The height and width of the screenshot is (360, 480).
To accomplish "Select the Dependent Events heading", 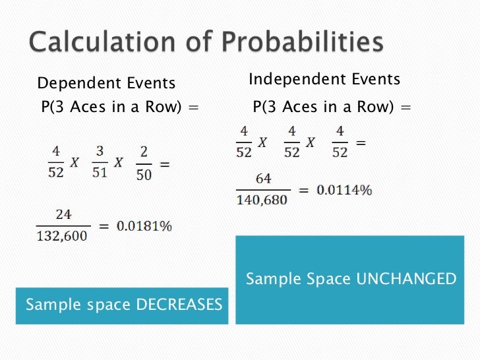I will pos(106,83).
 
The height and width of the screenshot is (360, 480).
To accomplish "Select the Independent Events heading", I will pos(324,80).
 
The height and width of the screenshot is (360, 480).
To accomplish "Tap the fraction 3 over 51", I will pos(99,163).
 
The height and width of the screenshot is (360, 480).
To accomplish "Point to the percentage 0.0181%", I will pos(144,226).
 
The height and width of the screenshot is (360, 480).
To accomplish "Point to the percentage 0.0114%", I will pos(344,191).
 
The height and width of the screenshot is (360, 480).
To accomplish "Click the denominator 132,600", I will pos(62,235).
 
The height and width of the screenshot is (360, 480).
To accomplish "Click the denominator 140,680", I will pos(262,200).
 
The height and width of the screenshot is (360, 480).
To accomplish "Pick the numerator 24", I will pos(63,215).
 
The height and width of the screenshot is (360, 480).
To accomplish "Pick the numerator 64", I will pos(263,179).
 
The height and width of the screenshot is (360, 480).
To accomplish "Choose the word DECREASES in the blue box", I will pos(179,305).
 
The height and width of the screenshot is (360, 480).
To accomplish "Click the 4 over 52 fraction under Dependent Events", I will pos(55,163).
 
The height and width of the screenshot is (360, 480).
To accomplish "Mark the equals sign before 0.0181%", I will pos(104,226).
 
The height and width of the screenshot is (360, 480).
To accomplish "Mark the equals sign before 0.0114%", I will pos(303,191).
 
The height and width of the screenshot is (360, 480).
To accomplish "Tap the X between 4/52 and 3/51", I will pos(75,163).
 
